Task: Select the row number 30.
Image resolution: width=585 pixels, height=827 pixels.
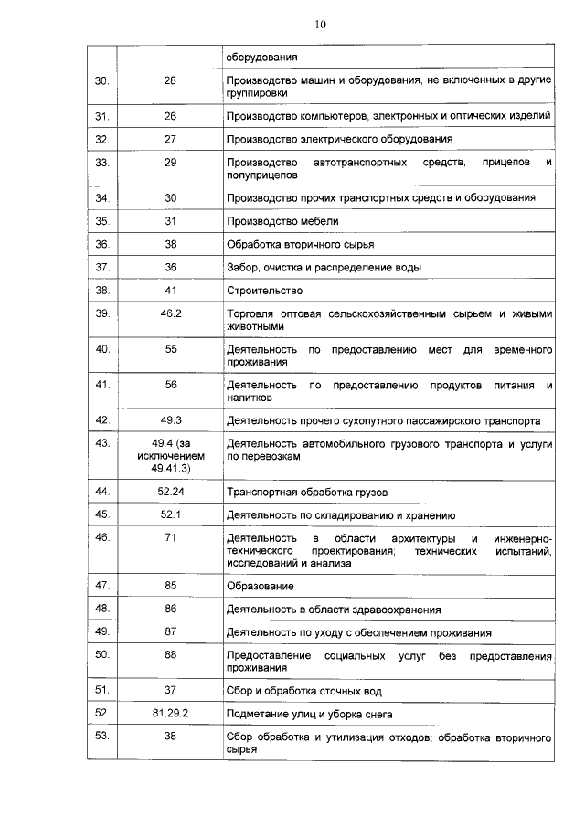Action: coord(102,80)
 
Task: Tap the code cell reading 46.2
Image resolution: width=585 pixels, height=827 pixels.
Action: coord(171,313)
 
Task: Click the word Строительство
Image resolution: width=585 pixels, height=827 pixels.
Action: coord(264,291)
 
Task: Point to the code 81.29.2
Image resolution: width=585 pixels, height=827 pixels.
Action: coord(171,713)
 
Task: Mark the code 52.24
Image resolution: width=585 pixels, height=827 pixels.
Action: coord(171,492)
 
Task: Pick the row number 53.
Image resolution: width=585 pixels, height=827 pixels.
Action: coord(102,736)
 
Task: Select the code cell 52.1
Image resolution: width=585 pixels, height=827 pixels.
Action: coord(171,514)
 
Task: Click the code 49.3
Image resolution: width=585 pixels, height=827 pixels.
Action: coord(171,420)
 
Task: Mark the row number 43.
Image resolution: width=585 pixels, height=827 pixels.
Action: coord(102,444)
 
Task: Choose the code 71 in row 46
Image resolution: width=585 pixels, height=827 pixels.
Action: coord(171,538)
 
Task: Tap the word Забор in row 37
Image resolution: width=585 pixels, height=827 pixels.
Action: coord(242,268)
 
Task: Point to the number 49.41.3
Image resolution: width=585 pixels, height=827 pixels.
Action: coord(171,468)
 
